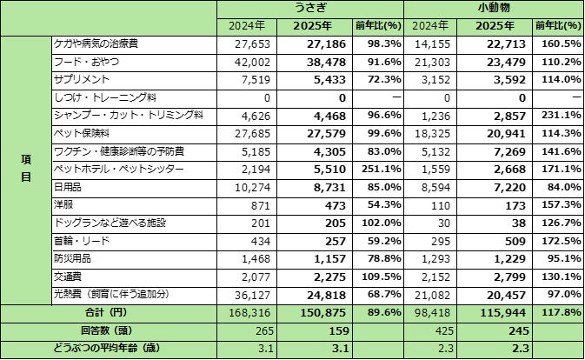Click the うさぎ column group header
coord(311,8)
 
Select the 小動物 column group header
coord(493,8)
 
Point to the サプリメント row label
coord(81,78)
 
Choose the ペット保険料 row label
coord(81,133)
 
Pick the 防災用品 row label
coord(71,258)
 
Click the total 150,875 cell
coord(322,313)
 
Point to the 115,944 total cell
coord(503,313)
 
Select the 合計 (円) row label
coord(109,313)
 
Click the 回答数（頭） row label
coord(109,331)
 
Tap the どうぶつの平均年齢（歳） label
coord(109,350)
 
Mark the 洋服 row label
coord(64,203)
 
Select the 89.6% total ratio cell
coord(381,313)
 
